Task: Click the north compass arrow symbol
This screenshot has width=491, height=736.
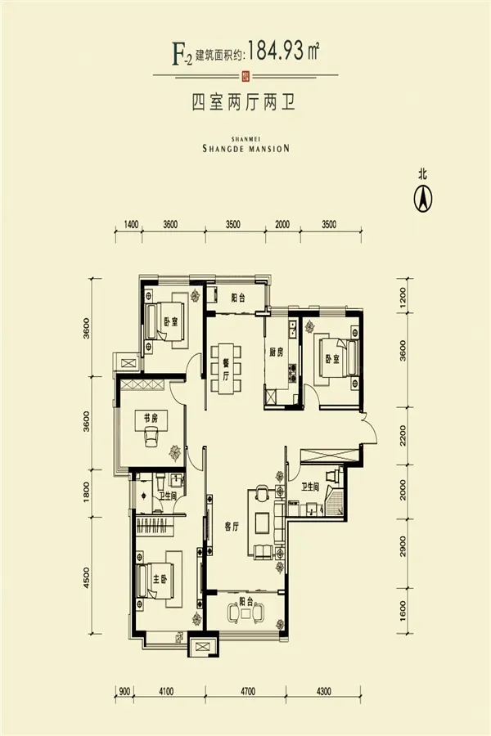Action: coord(423,198)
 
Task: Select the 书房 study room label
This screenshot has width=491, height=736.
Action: coord(144,416)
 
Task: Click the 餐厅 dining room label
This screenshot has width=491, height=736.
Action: coord(226,370)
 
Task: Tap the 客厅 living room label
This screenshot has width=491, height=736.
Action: coord(232,527)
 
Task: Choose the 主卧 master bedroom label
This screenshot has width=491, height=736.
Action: coord(160,579)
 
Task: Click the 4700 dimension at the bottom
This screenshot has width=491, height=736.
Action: coord(248,691)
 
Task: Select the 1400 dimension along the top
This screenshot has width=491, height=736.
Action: coord(130,224)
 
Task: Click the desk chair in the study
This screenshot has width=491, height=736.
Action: coord(151,437)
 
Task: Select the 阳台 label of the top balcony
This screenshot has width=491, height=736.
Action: coord(238,297)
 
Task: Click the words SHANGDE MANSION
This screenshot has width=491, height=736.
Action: coord(245,148)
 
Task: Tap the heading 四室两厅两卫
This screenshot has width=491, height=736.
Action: coord(243,102)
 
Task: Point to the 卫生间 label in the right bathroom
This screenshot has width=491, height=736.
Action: coord(311,487)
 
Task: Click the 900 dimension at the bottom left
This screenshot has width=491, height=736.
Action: coord(124,691)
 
